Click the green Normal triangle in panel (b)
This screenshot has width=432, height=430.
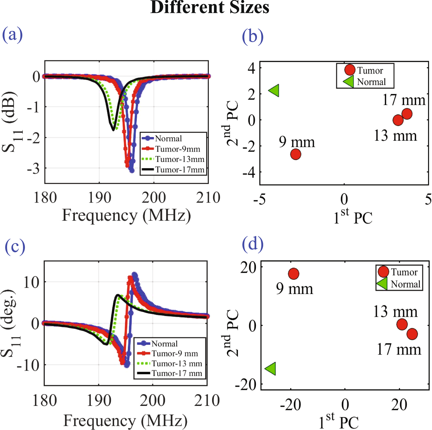(274, 90)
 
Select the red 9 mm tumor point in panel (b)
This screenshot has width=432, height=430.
(296, 154)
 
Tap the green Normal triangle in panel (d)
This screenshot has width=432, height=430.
(271, 369)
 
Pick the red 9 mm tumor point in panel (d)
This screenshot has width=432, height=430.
(294, 274)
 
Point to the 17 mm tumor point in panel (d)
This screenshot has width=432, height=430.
(412, 334)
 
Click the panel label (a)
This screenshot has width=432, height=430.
(12, 35)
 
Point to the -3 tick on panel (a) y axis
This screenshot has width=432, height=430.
(33, 169)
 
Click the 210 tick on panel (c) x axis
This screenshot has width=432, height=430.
(207, 401)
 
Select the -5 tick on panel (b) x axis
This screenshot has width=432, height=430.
(259, 199)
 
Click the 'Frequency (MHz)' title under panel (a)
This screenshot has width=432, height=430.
(126, 216)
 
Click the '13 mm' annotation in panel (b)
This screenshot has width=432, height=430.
(395, 136)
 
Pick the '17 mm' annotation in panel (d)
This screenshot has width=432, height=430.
(399, 349)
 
